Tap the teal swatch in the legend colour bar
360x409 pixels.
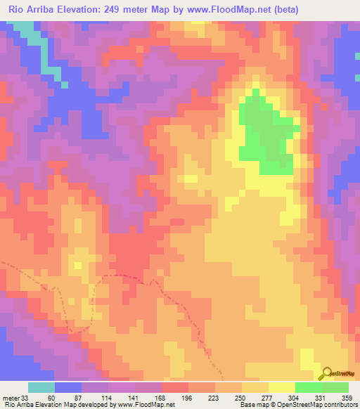point(41,387)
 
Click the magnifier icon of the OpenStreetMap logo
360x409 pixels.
point(326,373)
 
